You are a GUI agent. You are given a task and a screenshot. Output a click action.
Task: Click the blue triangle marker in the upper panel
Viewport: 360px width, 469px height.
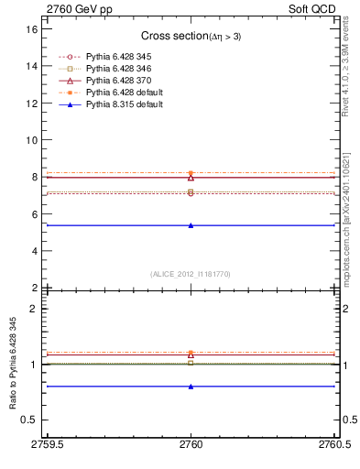pos(191,225)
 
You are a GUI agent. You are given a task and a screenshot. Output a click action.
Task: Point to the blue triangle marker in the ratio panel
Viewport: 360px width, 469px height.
pos(191,387)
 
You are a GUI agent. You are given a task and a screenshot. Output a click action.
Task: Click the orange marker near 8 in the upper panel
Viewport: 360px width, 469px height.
pos(191,173)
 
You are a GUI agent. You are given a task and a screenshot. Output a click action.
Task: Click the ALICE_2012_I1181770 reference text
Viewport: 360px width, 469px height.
pos(191,274)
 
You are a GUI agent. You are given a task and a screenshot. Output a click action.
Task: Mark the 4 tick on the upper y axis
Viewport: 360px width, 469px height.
pos(35,251)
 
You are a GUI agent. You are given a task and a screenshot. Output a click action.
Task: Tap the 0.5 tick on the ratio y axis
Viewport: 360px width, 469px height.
pos(30,420)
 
